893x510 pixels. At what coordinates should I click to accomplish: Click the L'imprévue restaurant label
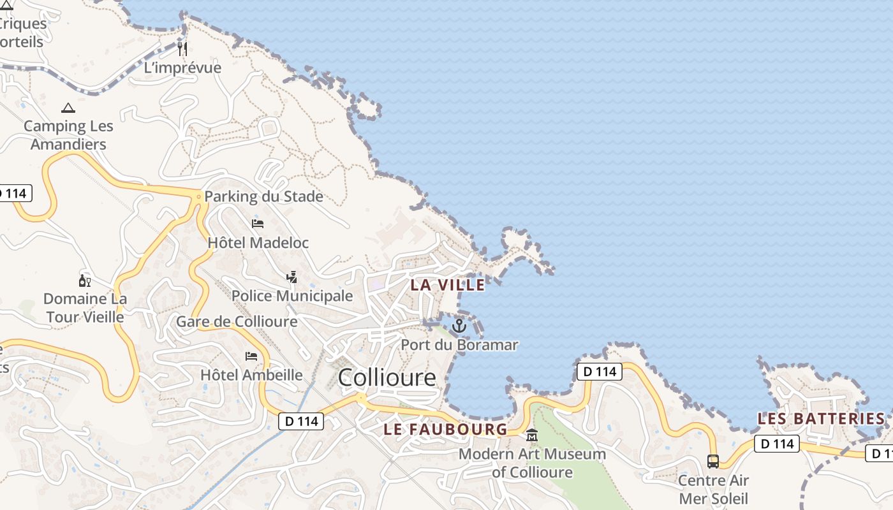(182, 68)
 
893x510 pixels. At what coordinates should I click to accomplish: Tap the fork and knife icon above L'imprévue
(183, 49)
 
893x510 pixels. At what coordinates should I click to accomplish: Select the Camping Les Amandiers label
(68, 135)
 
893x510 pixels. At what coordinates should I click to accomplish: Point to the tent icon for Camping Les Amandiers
(68, 108)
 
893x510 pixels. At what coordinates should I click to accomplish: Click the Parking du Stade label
(263, 196)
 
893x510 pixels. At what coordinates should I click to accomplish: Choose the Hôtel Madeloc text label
(258, 243)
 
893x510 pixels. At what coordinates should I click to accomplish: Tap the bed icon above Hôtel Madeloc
(258, 224)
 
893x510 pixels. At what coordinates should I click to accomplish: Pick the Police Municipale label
(292, 296)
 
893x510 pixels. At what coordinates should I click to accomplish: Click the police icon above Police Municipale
(292, 277)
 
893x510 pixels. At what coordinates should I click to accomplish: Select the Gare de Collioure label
(237, 321)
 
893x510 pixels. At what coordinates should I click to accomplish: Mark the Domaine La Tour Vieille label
(85, 307)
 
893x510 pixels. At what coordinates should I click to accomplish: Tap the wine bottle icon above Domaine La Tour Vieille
(84, 281)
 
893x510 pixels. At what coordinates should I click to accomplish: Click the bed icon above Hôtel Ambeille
(251, 356)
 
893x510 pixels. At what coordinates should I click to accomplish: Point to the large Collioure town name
(387, 377)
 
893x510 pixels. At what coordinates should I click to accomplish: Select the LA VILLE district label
(447, 285)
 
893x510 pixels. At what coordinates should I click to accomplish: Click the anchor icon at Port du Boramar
(459, 326)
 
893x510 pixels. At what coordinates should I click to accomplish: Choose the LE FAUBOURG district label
(445, 429)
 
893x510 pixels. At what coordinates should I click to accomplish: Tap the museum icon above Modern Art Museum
(532, 436)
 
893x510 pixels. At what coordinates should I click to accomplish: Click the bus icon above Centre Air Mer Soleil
(713, 461)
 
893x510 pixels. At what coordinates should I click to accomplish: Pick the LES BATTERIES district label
(821, 419)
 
